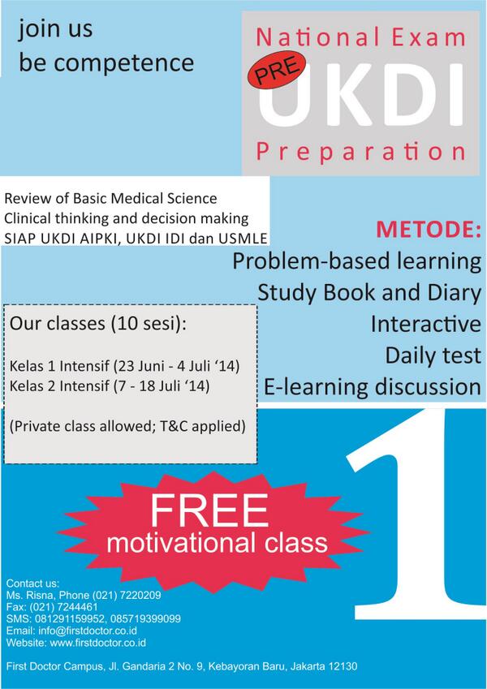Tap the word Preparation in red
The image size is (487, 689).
(360, 152)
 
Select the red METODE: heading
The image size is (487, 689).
(428, 230)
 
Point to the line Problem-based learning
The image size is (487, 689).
(356, 262)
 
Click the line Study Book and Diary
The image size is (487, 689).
(369, 293)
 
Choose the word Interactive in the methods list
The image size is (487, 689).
(425, 324)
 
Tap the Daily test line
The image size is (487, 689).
(433, 355)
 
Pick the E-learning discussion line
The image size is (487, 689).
(373, 385)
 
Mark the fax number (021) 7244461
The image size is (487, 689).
(62, 607)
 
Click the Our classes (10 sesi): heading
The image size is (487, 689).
(97, 325)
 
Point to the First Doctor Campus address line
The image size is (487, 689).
(182, 666)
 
